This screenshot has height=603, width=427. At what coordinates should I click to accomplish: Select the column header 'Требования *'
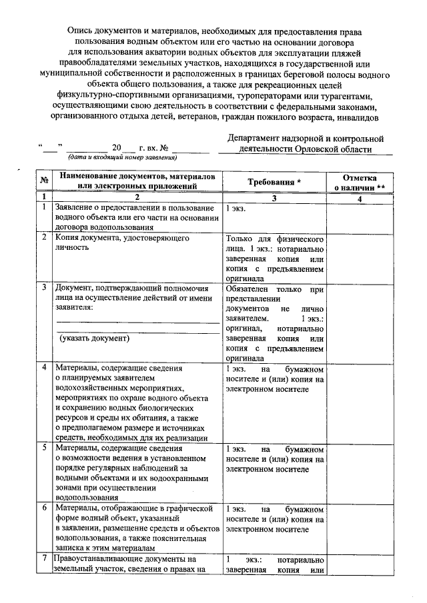coord(274,181)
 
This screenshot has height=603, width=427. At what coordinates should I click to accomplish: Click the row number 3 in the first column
coord(43,288)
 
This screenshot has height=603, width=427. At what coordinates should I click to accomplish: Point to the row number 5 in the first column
coord(43,448)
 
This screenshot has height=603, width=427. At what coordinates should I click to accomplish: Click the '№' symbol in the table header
coord(43,181)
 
